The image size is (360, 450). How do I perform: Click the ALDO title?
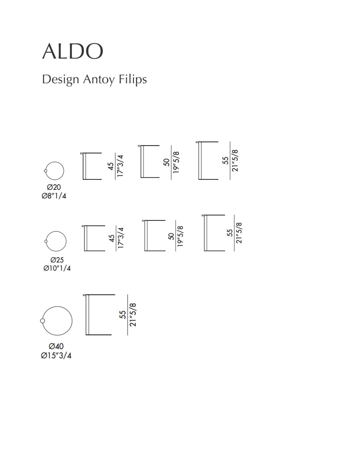(x=73, y=51)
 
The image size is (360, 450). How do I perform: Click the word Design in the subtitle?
(x=61, y=80)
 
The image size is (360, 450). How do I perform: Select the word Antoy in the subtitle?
(x=99, y=80)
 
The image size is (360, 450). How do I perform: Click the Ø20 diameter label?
(x=54, y=187)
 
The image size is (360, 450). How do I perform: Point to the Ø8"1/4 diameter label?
(x=54, y=196)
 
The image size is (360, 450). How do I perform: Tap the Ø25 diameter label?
(x=57, y=260)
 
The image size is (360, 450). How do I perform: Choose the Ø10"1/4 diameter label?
(x=57, y=268)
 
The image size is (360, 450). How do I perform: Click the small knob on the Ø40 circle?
(x=42, y=321)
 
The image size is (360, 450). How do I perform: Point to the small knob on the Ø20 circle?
(x=45, y=171)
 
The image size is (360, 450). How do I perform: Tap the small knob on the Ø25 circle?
(x=46, y=241)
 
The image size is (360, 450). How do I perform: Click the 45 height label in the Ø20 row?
(x=111, y=166)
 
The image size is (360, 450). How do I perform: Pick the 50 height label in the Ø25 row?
(x=171, y=236)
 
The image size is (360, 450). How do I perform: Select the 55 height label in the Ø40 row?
(x=123, y=315)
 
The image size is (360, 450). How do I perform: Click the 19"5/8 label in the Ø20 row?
(x=176, y=162)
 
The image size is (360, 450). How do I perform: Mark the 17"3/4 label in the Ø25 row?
(x=121, y=238)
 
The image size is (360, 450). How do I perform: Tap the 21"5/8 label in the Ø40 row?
(x=133, y=315)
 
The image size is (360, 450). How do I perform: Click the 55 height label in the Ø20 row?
(x=225, y=160)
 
